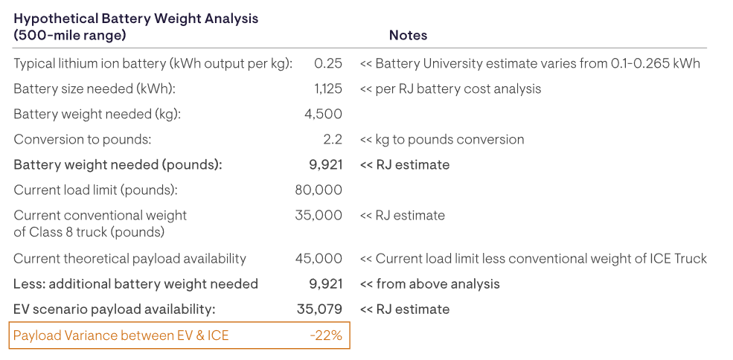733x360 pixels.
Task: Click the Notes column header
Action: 408,35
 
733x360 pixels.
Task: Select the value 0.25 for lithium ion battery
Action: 328,63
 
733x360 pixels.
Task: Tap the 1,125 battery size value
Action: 328,89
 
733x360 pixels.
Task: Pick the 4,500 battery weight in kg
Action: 323,114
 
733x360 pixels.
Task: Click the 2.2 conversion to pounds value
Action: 332,139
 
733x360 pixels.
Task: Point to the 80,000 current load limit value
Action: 319,190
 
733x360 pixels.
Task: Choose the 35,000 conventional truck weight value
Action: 319,215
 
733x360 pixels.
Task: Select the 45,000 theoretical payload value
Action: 319,258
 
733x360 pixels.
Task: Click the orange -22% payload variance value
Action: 326,335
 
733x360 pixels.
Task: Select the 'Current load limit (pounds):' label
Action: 95,190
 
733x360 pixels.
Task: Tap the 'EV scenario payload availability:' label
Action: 114,309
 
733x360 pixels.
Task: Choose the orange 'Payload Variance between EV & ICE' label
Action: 121,335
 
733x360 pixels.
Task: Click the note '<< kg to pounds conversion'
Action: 442,139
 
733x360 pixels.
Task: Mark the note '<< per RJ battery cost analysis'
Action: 451,89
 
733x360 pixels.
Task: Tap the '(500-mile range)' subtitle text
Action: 70,35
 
